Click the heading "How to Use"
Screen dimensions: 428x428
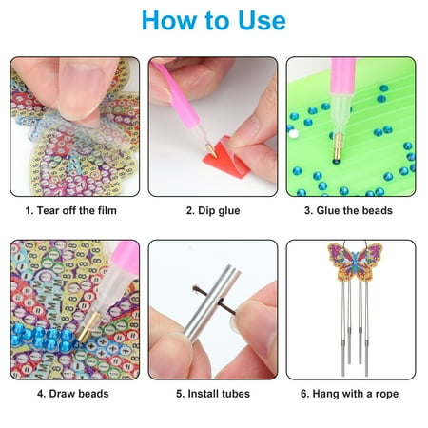(214, 20)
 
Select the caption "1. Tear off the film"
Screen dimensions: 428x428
(71, 210)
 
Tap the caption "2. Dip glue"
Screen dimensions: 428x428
(213, 210)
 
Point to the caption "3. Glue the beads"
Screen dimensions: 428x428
(348, 210)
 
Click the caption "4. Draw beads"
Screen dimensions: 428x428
(73, 394)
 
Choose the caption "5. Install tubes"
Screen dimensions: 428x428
(213, 394)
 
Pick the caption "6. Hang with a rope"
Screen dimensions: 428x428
(349, 394)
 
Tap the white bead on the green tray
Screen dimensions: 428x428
(294, 134)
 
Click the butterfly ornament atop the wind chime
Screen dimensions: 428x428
(355, 262)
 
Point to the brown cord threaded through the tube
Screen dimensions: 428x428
(214, 301)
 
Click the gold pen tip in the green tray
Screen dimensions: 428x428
(338, 146)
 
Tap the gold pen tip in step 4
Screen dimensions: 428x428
(87, 327)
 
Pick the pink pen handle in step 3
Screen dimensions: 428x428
(343, 75)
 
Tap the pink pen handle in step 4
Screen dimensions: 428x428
(126, 258)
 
